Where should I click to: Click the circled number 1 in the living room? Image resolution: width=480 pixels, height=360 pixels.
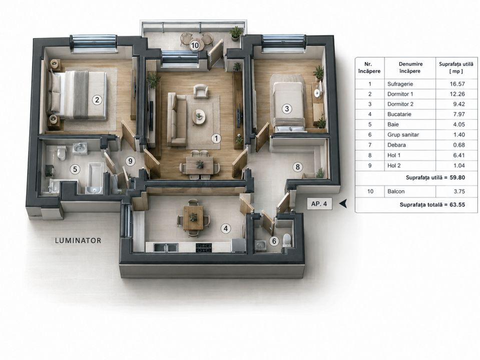coord(216,138)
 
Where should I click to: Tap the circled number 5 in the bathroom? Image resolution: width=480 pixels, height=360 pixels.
coord(75,169)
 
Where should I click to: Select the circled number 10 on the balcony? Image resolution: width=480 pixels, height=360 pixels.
coord(195,45)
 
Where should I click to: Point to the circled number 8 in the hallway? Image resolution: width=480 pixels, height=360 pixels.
coord(297,167)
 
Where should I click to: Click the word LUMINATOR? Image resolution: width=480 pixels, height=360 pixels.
coord(78,240)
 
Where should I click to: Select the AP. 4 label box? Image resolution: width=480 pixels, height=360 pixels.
coord(319,203)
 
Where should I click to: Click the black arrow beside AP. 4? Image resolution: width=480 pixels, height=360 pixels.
coord(343,203)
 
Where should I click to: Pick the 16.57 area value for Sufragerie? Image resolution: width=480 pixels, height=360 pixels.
coord(457,84)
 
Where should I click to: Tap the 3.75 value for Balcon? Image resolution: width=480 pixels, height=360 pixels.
coord(459,191)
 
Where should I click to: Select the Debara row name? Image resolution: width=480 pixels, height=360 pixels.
coord(396,145)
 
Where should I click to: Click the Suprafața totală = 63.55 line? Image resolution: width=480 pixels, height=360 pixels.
coord(432,204)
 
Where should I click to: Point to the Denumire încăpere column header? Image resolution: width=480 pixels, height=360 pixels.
coord(410,67)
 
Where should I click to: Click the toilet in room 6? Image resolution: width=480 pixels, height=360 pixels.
coord(287,240)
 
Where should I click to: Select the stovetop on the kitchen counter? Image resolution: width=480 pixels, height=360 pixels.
coord(203,247)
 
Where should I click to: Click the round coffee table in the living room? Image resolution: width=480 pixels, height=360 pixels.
coord(199,116)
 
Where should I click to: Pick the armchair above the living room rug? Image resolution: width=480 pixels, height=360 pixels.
coord(201,91)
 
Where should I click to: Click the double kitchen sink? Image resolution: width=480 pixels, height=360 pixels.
coord(166,247)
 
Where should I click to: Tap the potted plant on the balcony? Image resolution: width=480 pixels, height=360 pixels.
coord(236,33)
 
